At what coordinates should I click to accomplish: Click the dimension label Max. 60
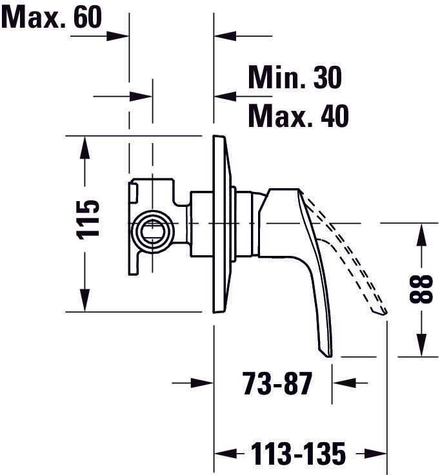tap(52, 17)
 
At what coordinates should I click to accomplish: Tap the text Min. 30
tap(294, 78)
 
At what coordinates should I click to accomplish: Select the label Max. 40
tap(298, 117)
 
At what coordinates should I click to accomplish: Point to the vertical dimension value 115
tap(89, 219)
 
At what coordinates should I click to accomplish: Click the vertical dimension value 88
tap(421, 289)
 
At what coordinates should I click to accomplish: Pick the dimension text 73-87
tap(277, 385)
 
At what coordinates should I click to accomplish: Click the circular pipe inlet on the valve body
tap(153, 230)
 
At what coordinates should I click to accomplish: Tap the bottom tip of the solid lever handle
tap(328, 353)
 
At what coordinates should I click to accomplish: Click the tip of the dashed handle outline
tap(385, 312)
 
